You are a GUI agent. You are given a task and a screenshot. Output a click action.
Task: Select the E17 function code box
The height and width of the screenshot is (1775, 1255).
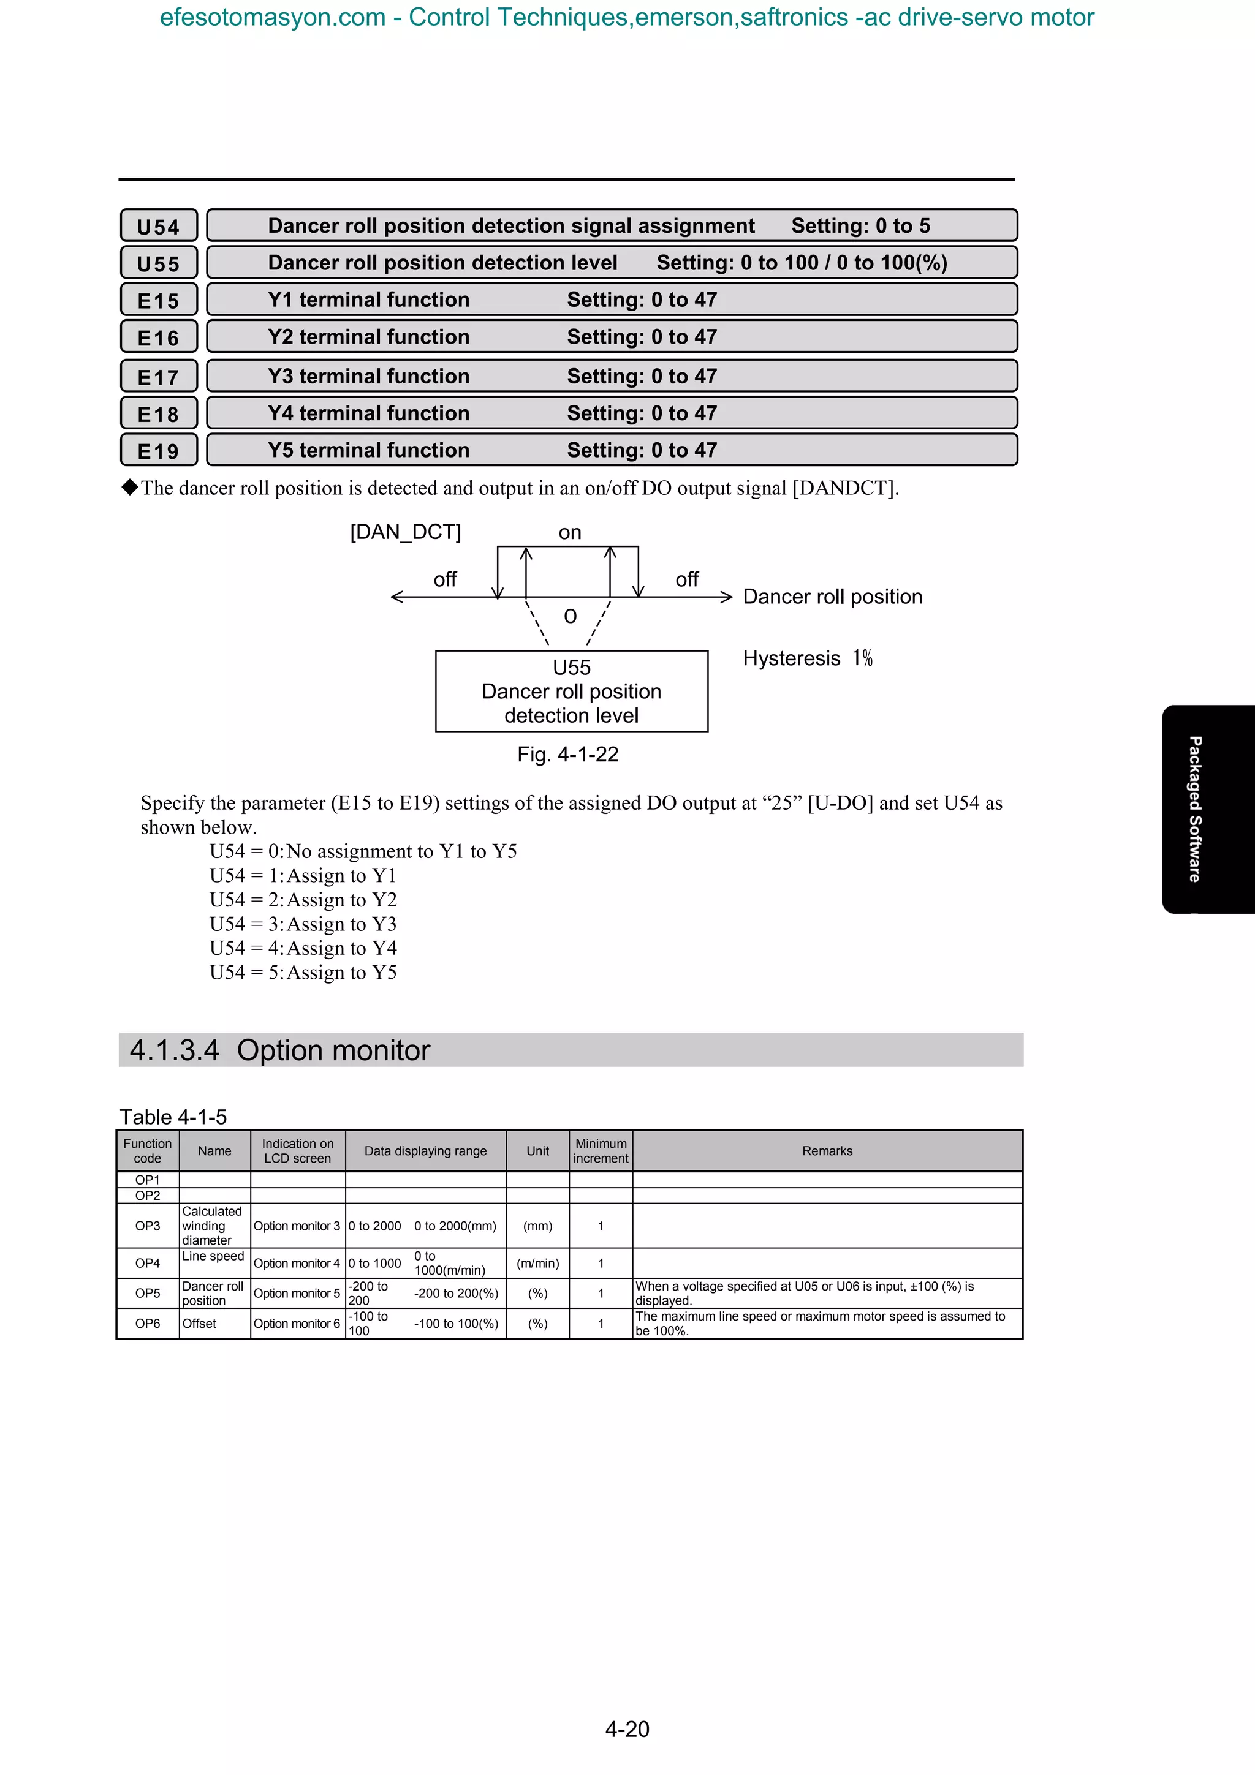point(159,377)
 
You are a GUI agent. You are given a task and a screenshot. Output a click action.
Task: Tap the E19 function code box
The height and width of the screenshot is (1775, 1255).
point(159,451)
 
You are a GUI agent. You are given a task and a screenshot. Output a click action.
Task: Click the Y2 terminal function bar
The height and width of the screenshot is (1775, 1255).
point(612,337)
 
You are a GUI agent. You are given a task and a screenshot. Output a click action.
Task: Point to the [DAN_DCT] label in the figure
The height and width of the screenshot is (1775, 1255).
point(405,532)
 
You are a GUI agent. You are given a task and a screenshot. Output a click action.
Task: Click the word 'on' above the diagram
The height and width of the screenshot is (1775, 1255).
point(570,533)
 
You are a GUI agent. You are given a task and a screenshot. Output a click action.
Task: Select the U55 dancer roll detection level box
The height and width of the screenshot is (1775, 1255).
point(572,691)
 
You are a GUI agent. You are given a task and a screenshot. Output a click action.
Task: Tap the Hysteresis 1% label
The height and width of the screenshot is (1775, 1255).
point(807,658)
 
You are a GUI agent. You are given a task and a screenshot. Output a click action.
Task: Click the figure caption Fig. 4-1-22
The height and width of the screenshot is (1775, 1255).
point(567,755)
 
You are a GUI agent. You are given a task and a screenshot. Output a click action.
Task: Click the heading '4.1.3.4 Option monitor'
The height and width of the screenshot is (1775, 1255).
point(280,1050)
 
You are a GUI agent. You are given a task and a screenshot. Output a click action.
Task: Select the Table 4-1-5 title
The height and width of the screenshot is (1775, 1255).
point(173,1117)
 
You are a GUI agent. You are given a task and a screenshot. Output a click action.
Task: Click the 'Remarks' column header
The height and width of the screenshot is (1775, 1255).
point(827,1151)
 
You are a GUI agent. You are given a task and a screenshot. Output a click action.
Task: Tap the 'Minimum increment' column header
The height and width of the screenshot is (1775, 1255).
point(601,1151)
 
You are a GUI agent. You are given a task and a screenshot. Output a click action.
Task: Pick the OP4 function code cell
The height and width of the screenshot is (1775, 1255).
point(148,1263)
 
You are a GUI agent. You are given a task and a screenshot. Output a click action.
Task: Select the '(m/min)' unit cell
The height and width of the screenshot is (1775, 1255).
point(537,1263)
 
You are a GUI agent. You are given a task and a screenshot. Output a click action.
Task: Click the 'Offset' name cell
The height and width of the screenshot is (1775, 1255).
point(200,1324)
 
